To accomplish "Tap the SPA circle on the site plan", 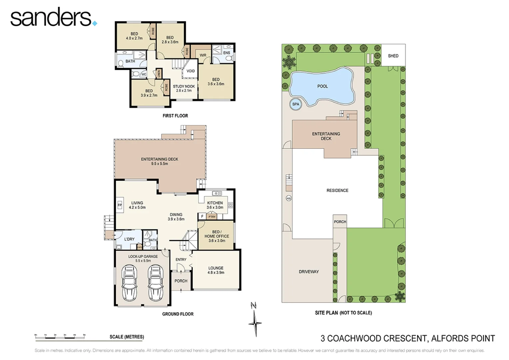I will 295,104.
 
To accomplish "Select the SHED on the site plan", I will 393,56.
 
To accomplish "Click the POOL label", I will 322,86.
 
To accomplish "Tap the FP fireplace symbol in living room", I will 120,205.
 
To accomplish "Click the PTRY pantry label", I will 212,217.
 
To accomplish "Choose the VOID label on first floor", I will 191,71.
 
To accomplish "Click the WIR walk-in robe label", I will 203,55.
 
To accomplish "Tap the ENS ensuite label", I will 227,53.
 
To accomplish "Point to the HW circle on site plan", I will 288,198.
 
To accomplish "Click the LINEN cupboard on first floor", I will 159,73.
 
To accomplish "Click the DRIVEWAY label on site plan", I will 308,272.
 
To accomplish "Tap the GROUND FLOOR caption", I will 178,314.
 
